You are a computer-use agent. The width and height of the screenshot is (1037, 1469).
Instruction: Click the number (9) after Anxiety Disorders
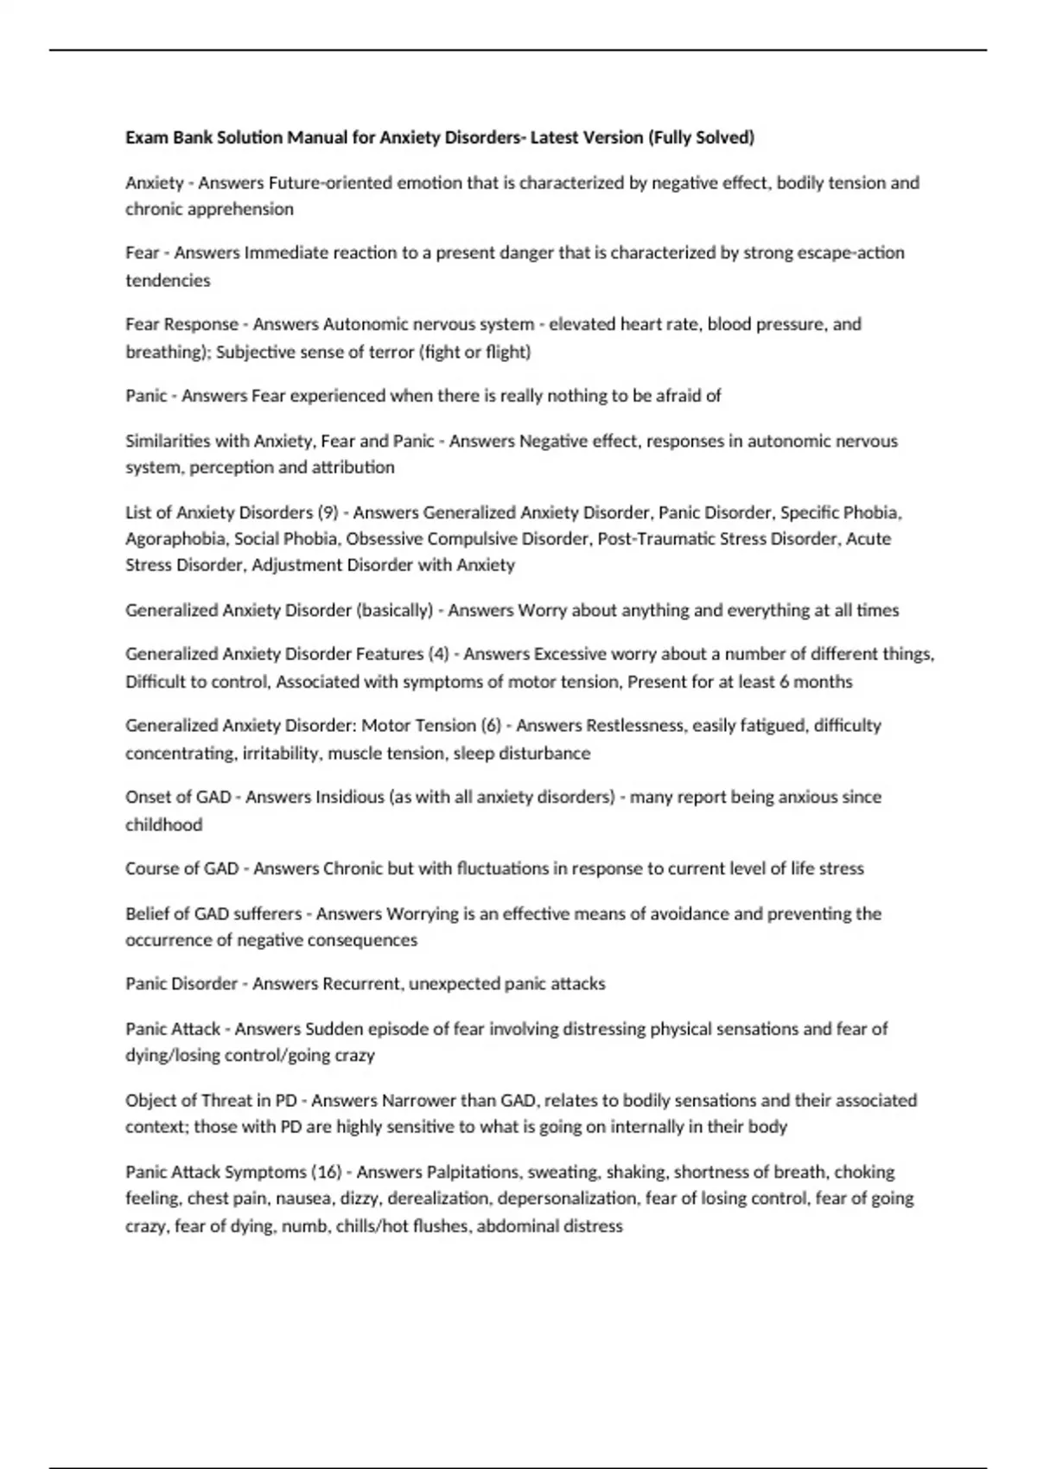coord(328,512)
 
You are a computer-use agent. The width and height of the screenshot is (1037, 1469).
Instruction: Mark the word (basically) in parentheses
coord(394,610)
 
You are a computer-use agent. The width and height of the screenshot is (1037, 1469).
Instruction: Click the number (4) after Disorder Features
coord(438,654)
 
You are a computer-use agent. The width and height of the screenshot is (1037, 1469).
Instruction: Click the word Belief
coord(147,913)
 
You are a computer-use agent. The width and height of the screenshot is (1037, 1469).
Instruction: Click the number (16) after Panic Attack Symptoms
coord(327,1173)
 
